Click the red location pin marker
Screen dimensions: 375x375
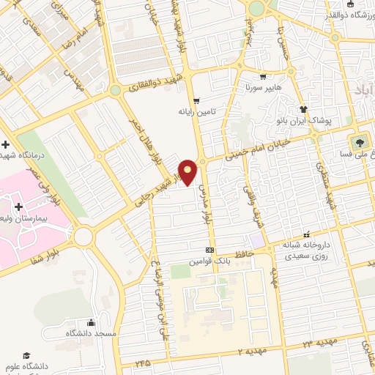pyautogui.click(x=188, y=171)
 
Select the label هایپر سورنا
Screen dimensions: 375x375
pyautogui.click(x=263, y=86)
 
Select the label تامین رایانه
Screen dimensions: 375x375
pyautogui.click(x=196, y=112)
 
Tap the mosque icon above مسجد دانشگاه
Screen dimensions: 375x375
pyautogui.click(x=92, y=322)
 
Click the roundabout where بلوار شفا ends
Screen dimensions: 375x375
pyautogui.click(x=83, y=237)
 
